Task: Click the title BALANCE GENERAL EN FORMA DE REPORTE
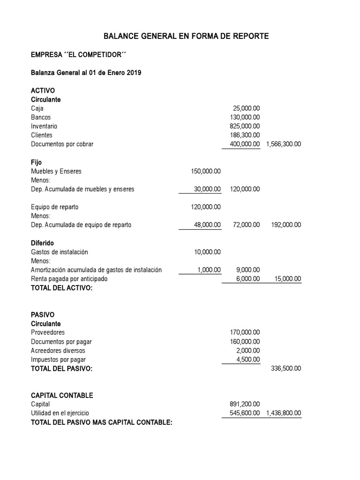click(186, 36)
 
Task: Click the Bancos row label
click(41, 117)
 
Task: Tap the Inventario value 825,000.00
click(245, 126)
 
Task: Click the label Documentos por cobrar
click(62, 144)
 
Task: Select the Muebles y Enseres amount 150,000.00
click(206, 171)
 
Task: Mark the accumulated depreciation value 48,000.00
click(207, 225)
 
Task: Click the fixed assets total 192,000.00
click(286, 225)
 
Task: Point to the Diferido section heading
click(42, 243)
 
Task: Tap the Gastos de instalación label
click(59, 252)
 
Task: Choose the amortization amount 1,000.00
click(209, 270)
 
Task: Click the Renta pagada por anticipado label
click(69, 278)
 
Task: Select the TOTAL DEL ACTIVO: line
click(61, 288)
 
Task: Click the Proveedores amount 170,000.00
click(245, 332)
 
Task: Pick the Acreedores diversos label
click(58, 350)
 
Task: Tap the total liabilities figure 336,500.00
click(286, 368)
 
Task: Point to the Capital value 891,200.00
click(245, 404)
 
